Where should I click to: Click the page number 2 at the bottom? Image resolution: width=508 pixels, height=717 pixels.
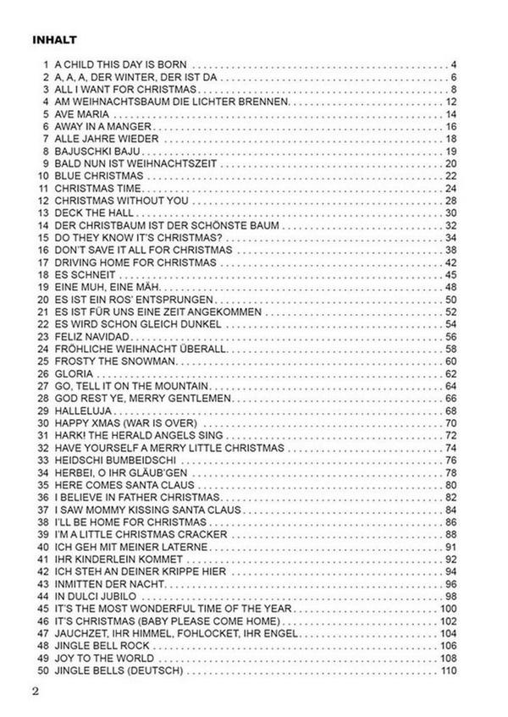tap(36, 692)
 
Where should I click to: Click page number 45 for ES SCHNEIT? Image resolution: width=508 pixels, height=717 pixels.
tap(450, 274)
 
